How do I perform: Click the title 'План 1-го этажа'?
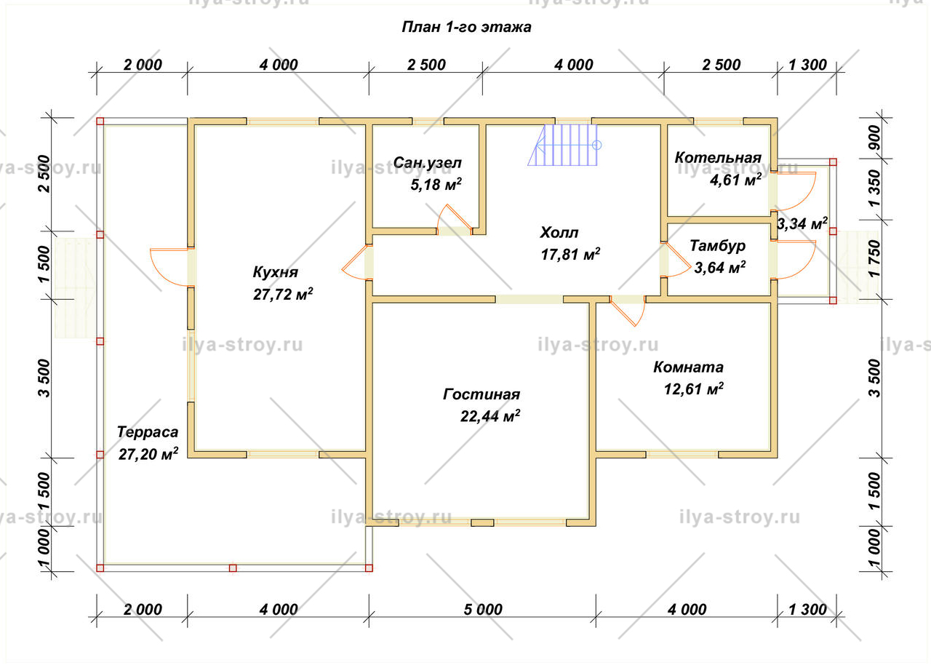(x=466, y=28)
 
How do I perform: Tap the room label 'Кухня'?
(x=276, y=273)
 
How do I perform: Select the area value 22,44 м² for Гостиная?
(x=490, y=416)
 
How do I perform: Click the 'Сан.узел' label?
(x=427, y=163)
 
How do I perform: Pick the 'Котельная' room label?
(x=718, y=158)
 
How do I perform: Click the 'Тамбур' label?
(x=717, y=246)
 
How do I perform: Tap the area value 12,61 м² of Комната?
(x=694, y=389)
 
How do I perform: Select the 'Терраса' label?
(x=148, y=432)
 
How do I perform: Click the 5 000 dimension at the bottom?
(x=483, y=610)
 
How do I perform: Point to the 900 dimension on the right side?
(x=875, y=138)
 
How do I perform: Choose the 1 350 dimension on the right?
(x=875, y=188)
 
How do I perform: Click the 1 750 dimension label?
(x=875, y=258)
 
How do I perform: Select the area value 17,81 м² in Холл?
(x=570, y=255)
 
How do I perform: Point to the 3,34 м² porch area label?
(x=802, y=223)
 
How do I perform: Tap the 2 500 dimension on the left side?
(x=44, y=174)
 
